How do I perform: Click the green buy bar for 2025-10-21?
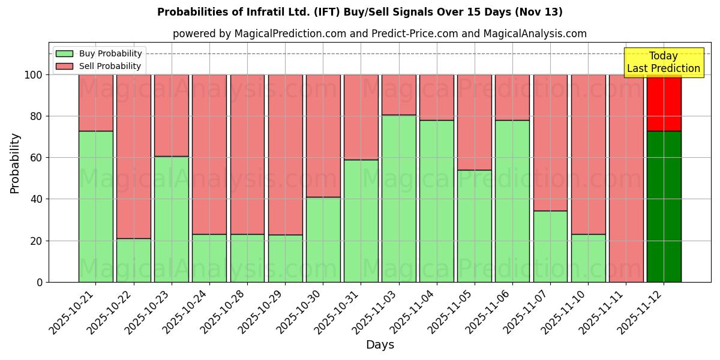(96, 206)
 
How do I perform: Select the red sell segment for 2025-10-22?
(134, 157)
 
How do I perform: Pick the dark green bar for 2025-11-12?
(664, 206)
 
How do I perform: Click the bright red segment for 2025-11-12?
(664, 103)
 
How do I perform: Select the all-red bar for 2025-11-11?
(626, 178)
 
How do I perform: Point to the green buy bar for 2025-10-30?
(323, 239)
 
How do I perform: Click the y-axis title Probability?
(15, 163)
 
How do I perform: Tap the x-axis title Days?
(380, 345)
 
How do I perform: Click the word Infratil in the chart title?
(262, 12)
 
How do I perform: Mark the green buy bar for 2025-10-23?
(172, 219)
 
